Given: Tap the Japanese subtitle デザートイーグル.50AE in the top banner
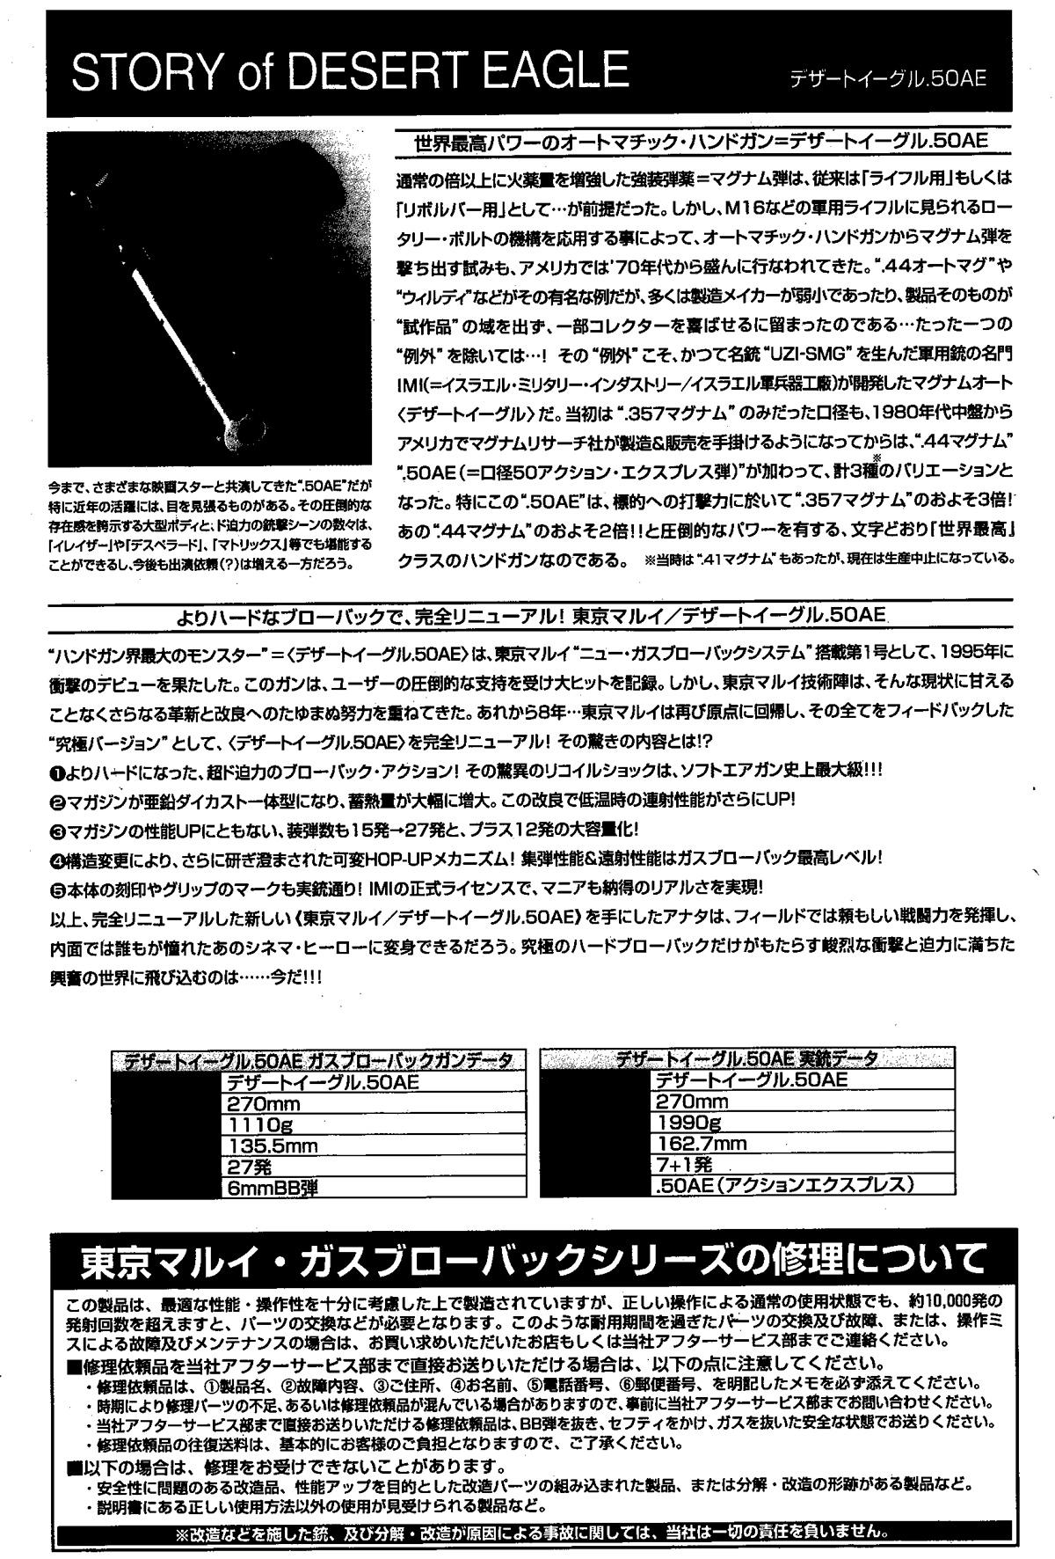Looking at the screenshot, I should (x=887, y=77).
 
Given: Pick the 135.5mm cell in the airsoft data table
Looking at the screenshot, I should (x=273, y=1145).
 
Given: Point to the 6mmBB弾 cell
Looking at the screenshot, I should (x=273, y=1188).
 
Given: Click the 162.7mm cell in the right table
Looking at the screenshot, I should (x=701, y=1144).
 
